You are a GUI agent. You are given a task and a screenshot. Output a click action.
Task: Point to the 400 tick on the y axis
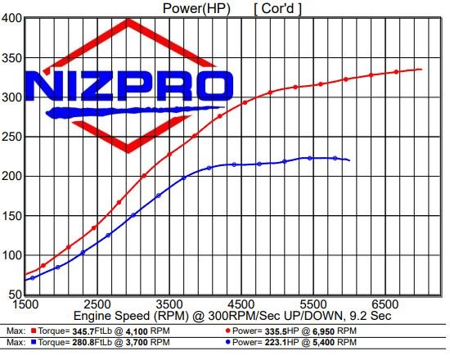tap(11, 18)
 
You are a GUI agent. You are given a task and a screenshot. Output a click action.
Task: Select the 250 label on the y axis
tap(11, 136)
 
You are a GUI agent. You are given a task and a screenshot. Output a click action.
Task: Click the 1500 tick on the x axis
tap(26, 304)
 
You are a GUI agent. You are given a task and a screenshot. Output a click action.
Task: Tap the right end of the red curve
tap(421, 70)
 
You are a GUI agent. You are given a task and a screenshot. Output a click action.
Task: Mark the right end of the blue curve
tap(349, 160)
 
